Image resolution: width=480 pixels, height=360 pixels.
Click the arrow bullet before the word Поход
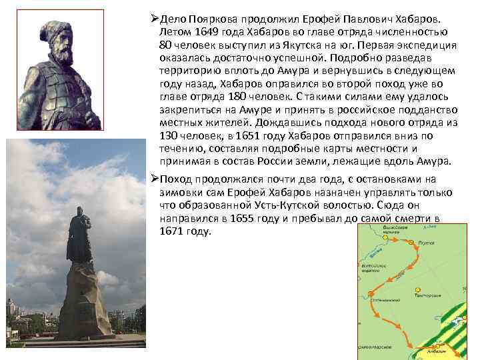(153, 179)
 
